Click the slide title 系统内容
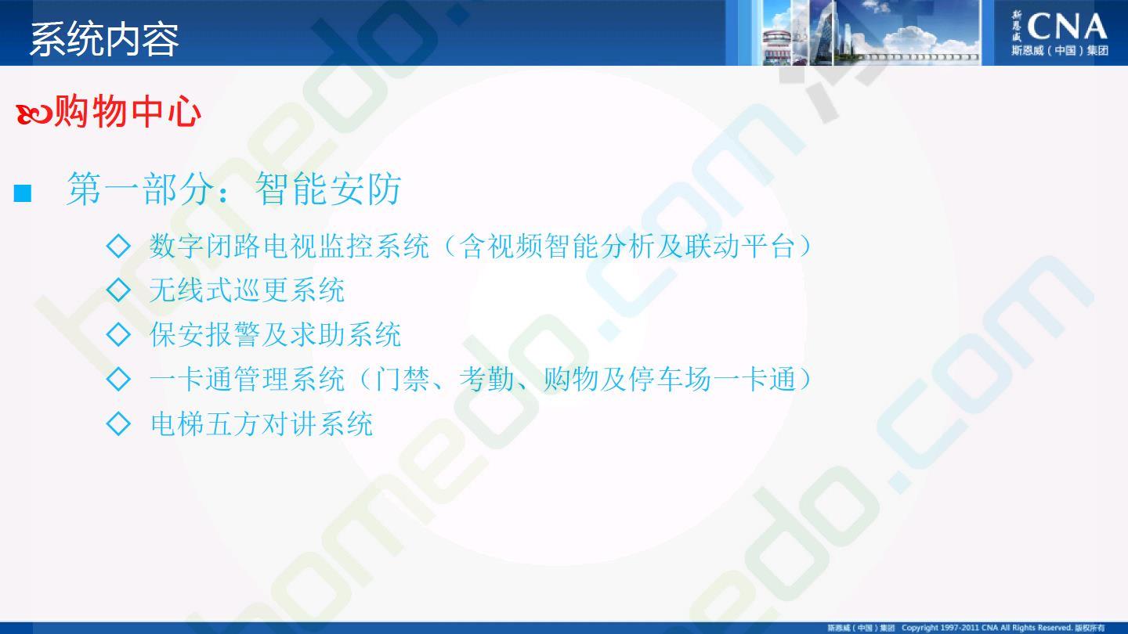click(x=105, y=39)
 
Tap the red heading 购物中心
click(x=128, y=111)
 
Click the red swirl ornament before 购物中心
click(x=34, y=114)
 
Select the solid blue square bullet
click(x=23, y=193)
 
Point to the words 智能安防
click(x=328, y=189)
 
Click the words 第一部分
click(x=140, y=189)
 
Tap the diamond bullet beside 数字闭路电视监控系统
click(x=119, y=246)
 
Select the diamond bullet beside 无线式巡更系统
click(x=119, y=290)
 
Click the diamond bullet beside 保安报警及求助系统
click(x=119, y=334)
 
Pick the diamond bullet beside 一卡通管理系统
click(x=119, y=379)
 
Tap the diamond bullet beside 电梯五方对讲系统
click(x=119, y=423)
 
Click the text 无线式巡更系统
click(x=247, y=290)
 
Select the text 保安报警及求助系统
click(x=275, y=335)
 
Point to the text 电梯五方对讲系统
click(x=262, y=423)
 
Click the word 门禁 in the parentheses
click(x=402, y=380)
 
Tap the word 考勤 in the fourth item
click(x=486, y=380)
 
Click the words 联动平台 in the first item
click(x=739, y=247)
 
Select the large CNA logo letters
click(x=1067, y=27)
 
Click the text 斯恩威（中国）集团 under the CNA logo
click(x=1060, y=51)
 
